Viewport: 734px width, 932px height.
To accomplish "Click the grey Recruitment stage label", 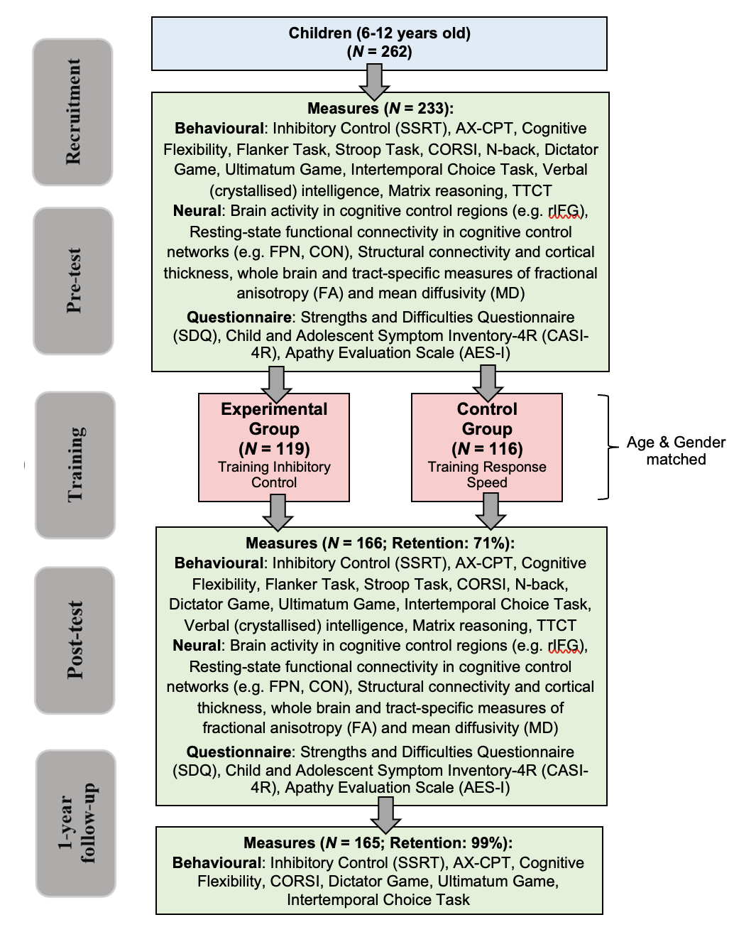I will [72, 112].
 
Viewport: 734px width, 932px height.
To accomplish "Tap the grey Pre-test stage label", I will [73, 281].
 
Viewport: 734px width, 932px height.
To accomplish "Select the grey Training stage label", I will [75, 465].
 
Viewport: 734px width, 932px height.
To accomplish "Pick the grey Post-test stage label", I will [75, 640].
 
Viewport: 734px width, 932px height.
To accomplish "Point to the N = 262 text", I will [380, 52].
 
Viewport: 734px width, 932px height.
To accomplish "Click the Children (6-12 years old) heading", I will [380, 33].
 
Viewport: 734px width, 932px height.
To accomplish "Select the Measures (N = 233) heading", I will [380, 109].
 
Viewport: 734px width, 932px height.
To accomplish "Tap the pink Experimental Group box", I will [274, 448].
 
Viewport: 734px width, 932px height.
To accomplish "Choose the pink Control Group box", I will [487, 448].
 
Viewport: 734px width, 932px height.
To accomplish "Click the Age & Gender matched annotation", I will [676, 451].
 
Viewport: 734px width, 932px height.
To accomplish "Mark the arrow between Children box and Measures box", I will [374, 81].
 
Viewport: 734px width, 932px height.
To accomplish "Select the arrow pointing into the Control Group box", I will [488, 384].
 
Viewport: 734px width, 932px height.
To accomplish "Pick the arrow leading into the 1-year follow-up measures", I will [385, 814].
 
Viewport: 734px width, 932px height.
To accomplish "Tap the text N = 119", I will [274, 449].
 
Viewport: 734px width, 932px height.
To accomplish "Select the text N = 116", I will [487, 449].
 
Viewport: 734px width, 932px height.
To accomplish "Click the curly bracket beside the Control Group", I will [605, 448].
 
